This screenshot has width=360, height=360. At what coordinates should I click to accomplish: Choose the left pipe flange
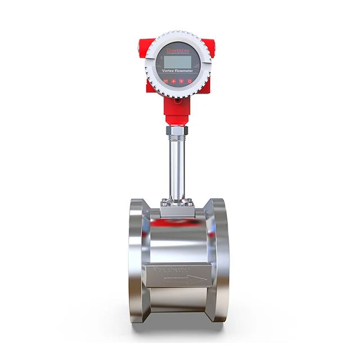pos(137,259)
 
